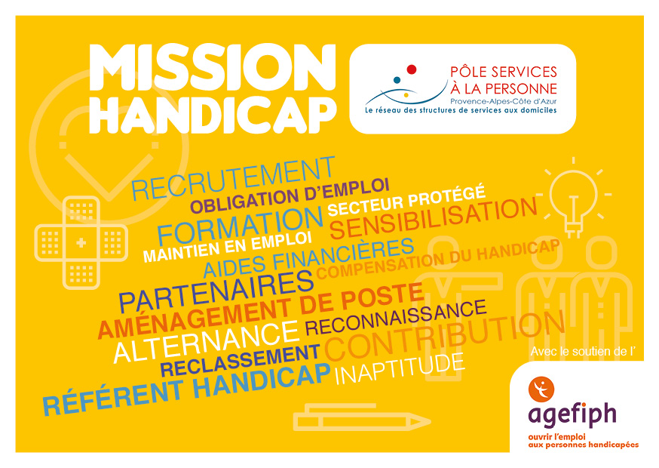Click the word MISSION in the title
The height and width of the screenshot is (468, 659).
pyautogui.click(x=213, y=67)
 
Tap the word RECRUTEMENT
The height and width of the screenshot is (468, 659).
pyautogui.click(x=233, y=179)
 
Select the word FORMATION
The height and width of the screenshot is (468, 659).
pyautogui.click(x=240, y=228)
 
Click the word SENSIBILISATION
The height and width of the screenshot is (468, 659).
pyautogui.click(x=434, y=218)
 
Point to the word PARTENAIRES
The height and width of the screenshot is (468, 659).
pyautogui.click(x=216, y=291)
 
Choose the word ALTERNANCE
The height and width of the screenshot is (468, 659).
pyautogui.click(x=207, y=342)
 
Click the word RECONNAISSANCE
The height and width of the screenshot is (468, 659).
pyautogui.click(x=396, y=317)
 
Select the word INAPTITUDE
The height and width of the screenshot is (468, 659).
pyautogui.click(x=400, y=369)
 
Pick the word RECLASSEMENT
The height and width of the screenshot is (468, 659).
pyautogui.click(x=241, y=361)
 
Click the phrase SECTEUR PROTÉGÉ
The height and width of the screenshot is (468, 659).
pyautogui.click(x=407, y=201)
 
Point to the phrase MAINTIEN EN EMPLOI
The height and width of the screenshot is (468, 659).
pyautogui.click(x=228, y=247)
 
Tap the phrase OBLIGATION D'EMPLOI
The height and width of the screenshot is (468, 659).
pyautogui.click(x=290, y=196)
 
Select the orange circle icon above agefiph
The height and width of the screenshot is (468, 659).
pyautogui.click(x=541, y=389)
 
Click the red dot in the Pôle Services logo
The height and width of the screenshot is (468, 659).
pyautogui.click(x=412, y=69)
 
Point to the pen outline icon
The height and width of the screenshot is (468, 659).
pyautogui.click(x=361, y=417)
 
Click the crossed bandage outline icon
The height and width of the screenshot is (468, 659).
pyautogui.click(x=81, y=243)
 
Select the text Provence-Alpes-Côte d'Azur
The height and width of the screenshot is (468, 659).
pyautogui.click(x=504, y=101)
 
